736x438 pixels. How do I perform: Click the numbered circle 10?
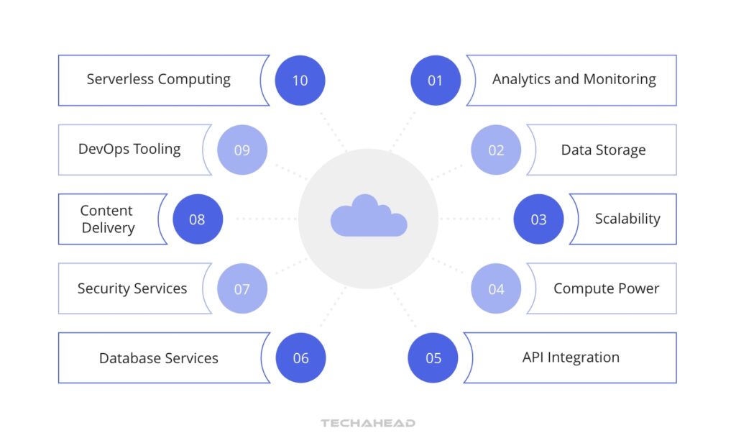[300, 81]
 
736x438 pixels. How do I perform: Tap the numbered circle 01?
[436, 81]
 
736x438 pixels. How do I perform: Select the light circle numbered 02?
[496, 150]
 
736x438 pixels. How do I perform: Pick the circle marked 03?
[538, 219]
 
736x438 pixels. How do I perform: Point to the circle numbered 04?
[496, 289]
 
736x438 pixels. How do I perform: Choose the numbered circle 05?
[433, 358]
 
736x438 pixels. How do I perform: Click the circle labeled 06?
[300, 358]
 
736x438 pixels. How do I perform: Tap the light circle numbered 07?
[241, 289]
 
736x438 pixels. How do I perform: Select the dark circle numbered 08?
[197, 219]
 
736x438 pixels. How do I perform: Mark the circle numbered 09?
[241, 150]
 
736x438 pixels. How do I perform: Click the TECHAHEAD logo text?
[368, 424]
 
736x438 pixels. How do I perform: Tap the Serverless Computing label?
[158, 79]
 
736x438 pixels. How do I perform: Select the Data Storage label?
[603, 150]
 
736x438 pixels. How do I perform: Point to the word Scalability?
[627, 219]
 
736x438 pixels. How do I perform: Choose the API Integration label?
[571, 357]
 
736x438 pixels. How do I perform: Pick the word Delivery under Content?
[108, 228]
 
